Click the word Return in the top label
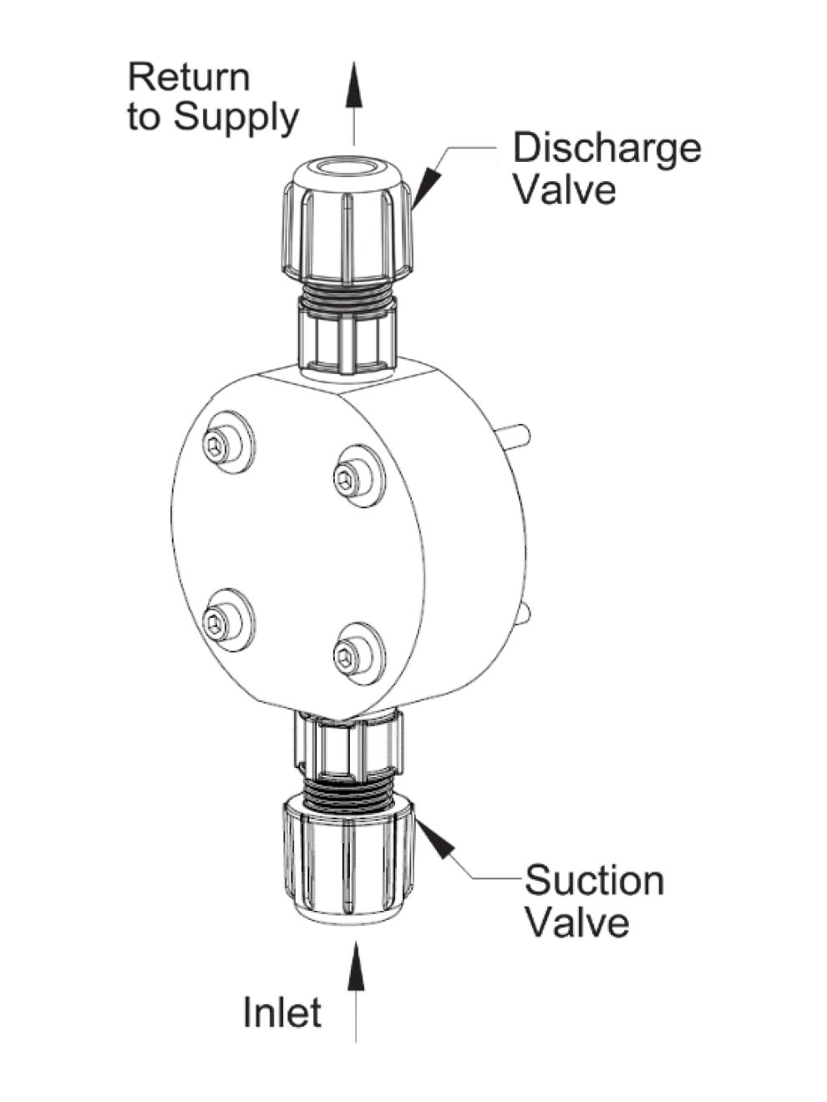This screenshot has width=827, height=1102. [x=189, y=78]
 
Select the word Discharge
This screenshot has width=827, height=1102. [x=606, y=149]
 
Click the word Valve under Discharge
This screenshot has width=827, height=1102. [x=564, y=190]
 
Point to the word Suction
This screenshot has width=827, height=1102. [x=594, y=882]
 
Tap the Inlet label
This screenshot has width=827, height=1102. [x=282, y=1013]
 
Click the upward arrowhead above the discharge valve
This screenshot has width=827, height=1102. [x=354, y=84]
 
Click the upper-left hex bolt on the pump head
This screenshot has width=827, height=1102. [x=219, y=447]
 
